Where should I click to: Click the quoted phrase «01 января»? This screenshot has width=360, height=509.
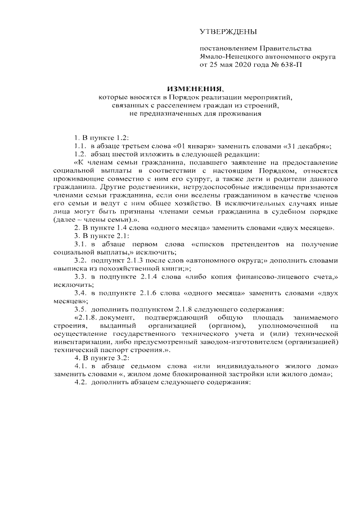192,146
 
